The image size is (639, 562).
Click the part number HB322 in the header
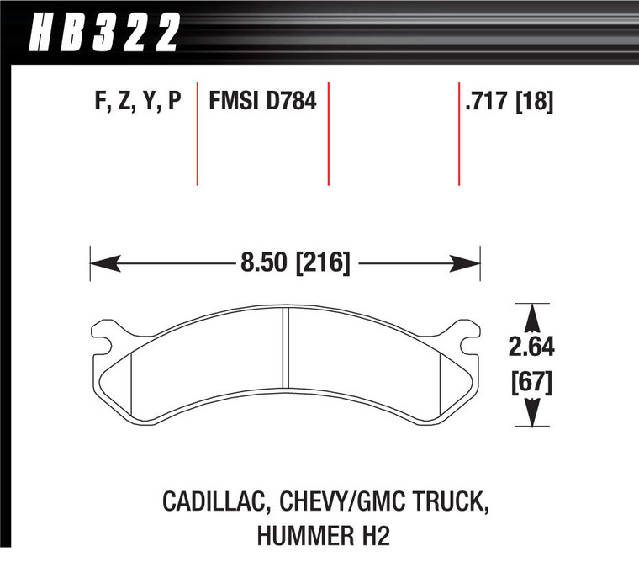[x=106, y=34]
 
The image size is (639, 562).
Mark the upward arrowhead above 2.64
[x=531, y=316]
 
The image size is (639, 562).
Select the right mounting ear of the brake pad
[x=467, y=334]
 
